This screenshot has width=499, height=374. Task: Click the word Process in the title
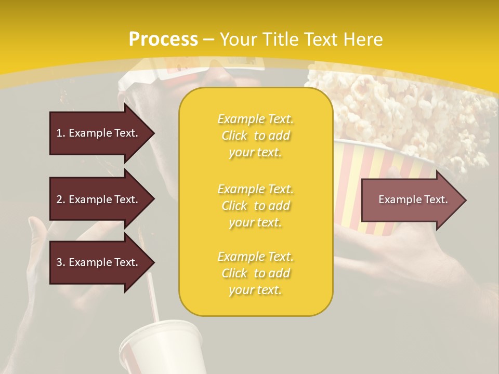[x=163, y=39]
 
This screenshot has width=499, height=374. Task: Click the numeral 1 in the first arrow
[x=59, y=133]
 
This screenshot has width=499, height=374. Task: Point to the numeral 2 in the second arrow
[x=59, y=199]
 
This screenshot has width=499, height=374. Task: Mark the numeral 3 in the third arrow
[x=59, y=262]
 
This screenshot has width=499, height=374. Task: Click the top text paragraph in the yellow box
[x=256, y=136]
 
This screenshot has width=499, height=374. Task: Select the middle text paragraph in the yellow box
[x=256, y=206]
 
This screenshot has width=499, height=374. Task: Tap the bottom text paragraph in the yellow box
[x=256, y=273]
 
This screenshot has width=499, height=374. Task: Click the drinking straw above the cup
[x=152, y=296]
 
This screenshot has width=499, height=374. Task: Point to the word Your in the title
[x=238, y=39]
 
